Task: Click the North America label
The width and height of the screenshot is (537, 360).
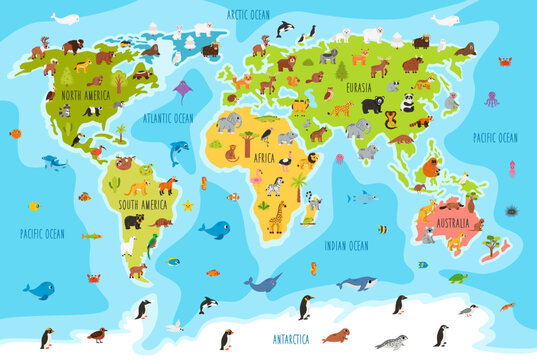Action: coord(84,95)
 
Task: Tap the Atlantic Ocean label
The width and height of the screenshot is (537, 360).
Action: coord(168,118)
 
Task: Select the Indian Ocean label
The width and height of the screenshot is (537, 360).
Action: coord(346,245)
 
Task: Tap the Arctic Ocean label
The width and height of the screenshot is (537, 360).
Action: coord(248,15)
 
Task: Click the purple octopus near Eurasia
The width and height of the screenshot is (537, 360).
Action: coord(491,99)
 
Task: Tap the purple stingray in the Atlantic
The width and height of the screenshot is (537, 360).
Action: coord(183,91)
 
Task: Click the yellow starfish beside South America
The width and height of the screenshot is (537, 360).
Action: coord(187,205)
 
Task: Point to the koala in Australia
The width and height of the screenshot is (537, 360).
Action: coord(429,236)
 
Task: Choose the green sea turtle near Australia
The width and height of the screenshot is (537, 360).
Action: coord(457,278)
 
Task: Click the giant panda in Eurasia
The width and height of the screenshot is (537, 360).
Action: coord(407,102)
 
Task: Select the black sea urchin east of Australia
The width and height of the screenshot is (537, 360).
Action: coord(512,212)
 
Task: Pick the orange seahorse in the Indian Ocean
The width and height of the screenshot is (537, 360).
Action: coord(313,268)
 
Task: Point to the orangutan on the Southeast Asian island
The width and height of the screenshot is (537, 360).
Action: coord(432,167)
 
